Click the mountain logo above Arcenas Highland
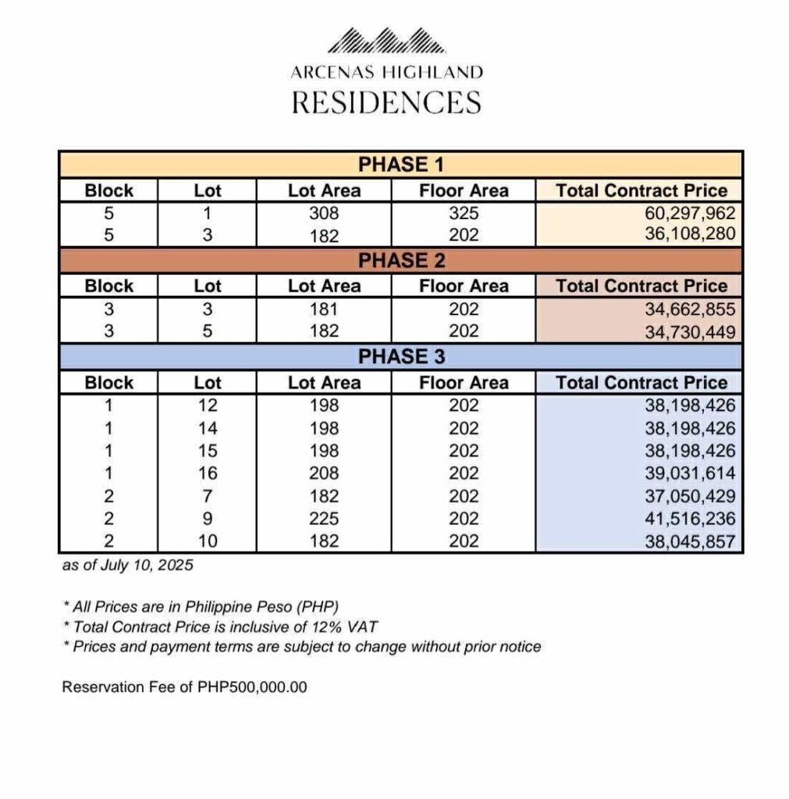pos(386,41)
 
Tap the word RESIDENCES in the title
pos(386,102)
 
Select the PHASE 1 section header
pos(400,165)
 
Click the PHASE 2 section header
pos(400,261)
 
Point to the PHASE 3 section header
pos(400,357)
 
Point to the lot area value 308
pos(324,213)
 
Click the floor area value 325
pos(464,213)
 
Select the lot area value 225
pos(324,518)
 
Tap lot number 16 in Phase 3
pos(208,473)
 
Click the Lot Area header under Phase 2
pos(324,286)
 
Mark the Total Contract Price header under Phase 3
pos(642,382)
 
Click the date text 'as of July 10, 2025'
pos(127,566)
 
